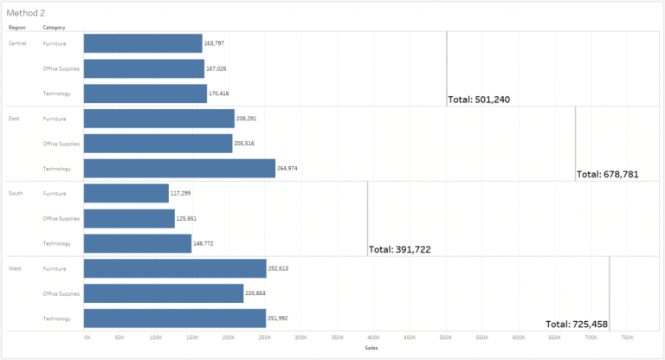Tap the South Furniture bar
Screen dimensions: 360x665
(x=126, y=193)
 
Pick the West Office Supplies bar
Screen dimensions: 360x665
(x=164, y=294)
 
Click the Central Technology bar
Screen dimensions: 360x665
(x=145, y=93)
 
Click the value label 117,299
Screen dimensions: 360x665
(x=181, y=194)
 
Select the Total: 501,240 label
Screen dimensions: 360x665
(x=479, y=100)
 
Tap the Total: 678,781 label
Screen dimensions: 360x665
(x=608, y=174)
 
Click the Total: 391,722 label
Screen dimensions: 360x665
(x=400, y=249)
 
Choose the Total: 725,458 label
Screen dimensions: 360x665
(x=577, y=324)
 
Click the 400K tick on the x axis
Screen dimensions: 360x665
(x=373, y=337)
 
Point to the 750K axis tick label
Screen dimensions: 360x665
(x=627, y=337)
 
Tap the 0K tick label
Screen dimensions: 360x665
(x=87, y=337)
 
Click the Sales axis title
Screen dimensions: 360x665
(x=371, y=348)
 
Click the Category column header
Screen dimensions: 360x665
(x=54, y=28)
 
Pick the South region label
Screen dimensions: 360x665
(x=16, y=194)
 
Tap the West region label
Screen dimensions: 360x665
(x=15, y=269)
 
